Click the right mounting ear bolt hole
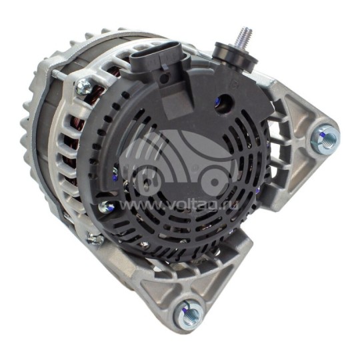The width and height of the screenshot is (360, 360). tap(327, 139)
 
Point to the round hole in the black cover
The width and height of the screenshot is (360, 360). tap(223, 102)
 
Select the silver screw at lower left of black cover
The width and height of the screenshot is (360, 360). tap(105, 207)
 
